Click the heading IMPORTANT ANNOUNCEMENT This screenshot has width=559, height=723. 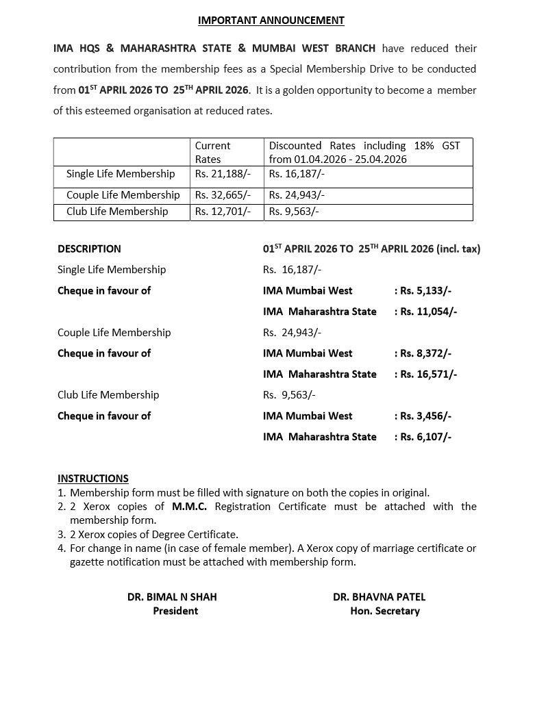271,21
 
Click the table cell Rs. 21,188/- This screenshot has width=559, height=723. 223,174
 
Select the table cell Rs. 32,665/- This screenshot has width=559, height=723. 223,195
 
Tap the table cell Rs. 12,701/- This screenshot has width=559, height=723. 223,212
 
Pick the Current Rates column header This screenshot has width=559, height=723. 212,152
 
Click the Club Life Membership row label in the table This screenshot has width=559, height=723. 117,212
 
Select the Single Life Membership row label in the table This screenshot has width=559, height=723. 121,174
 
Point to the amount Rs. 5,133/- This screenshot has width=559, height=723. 425,290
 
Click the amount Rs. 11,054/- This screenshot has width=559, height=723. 428,312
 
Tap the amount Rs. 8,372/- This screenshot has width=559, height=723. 425,353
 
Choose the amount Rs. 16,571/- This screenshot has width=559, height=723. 428,375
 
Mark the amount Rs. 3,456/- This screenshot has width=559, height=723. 425,416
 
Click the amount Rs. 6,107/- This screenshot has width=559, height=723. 425,437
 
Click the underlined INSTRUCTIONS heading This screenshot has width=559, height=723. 93,479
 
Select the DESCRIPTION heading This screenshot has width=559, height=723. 89,249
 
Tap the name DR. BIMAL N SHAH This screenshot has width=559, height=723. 172,597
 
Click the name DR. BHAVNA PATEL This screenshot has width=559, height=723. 380,597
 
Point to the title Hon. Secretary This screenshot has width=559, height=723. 385,611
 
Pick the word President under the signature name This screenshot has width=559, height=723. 175,611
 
